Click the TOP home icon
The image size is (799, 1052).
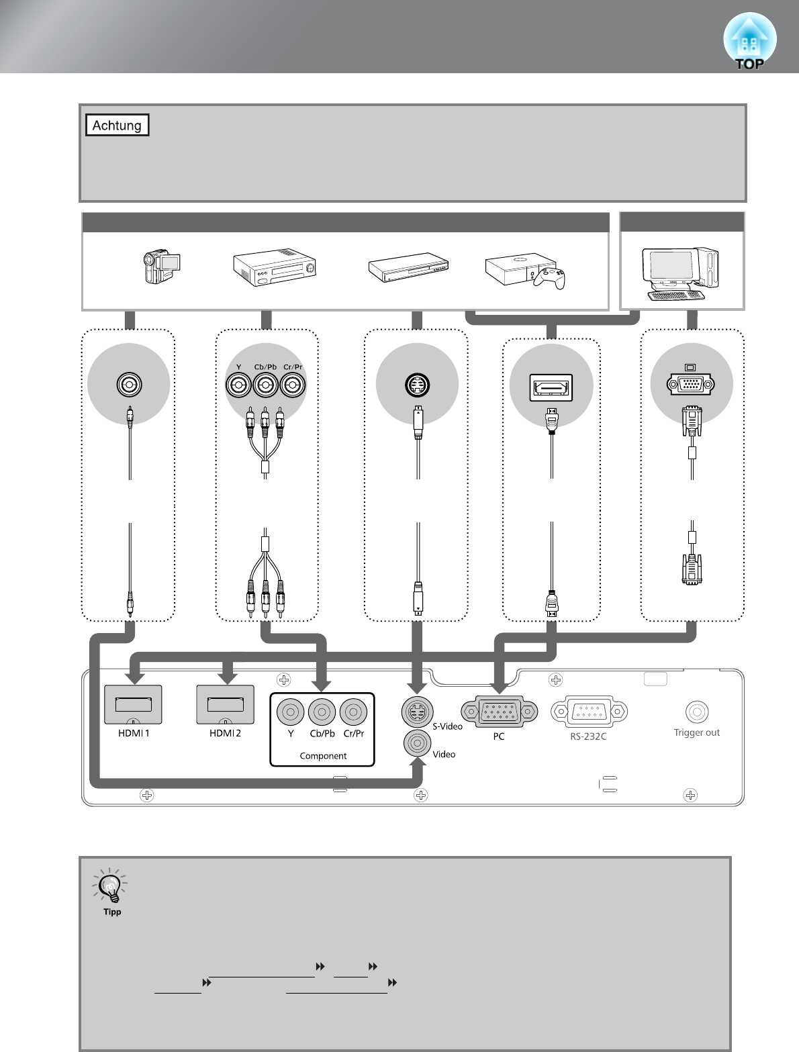749,42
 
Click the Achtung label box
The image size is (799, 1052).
117,125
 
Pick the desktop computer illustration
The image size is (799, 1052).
681,274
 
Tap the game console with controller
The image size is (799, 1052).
525,271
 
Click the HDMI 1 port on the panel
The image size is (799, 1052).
133,704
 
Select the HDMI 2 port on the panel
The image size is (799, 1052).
226,704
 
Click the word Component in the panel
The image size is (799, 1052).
323,756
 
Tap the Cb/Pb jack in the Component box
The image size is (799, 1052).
322,712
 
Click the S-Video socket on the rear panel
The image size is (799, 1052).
417,712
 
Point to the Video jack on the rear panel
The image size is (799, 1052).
417,743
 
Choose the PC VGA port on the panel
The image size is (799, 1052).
499,712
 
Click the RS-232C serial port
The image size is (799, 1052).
589,712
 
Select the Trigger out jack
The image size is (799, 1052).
697,712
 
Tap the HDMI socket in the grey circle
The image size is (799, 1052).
551,387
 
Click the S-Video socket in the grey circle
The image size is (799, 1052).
417,385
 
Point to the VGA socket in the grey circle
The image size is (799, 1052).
691,384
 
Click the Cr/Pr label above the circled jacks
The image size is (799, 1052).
293,367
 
